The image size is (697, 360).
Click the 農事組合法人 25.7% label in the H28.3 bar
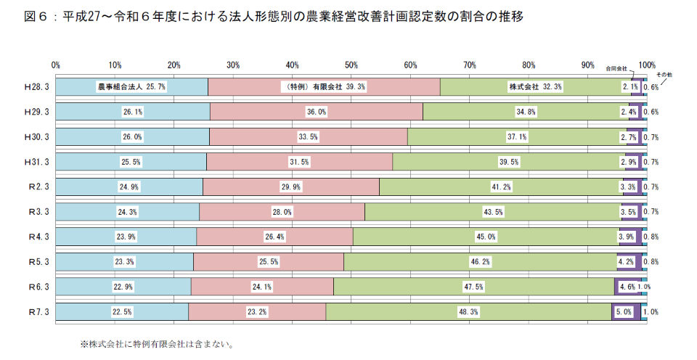click(132, 86)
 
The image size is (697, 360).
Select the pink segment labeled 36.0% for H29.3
click(316, 112)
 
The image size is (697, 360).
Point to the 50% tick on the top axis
click(351, 65)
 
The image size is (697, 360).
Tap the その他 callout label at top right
click(664, 74)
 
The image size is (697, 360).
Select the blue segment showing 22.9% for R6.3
click(123, 287)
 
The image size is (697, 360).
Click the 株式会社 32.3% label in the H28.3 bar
click(535, 86)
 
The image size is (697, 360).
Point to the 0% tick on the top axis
click(56, 65)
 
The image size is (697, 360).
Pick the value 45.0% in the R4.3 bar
click(486, 237)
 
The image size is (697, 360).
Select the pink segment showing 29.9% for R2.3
click(291, 187)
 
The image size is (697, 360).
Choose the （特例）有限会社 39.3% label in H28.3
click(323, 86)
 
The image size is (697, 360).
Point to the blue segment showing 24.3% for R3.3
click(127, 212)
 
